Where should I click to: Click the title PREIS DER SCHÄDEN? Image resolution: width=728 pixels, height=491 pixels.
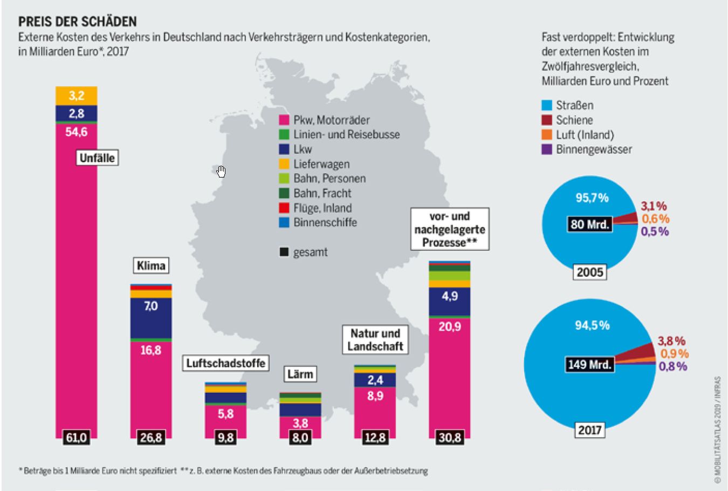click(78, 22)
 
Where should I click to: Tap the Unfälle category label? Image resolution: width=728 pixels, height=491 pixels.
click(97, 158)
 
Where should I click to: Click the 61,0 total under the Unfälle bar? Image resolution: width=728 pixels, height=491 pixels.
click(76, 438)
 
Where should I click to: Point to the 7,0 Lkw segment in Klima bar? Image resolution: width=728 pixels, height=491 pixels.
click(151, 306)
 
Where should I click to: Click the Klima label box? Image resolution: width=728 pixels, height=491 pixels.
click(151, 265)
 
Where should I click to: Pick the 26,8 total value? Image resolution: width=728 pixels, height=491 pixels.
click(151, 438)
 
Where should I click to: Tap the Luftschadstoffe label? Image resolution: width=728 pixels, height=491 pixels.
click(225, 363)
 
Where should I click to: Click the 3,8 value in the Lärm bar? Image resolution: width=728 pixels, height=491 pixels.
click(300, 422)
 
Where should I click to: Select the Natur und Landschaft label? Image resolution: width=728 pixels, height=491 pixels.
click(375, 340)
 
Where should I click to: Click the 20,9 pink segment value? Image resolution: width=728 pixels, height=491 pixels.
click(449, 326)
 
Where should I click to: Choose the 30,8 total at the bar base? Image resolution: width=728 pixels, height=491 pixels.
click(449, 438)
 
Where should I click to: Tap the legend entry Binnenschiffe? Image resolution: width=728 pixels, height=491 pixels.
click(325, 222)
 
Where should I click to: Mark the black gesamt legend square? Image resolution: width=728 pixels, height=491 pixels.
click(284, 252)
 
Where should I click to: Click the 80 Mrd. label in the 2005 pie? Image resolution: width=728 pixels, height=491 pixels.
click(590, 224)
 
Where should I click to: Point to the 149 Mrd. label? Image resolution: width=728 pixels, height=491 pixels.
click(590, 364)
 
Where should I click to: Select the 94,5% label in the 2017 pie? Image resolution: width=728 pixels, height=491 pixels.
click(592, 325)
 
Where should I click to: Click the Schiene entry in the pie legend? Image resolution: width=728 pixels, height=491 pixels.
click(574, 120)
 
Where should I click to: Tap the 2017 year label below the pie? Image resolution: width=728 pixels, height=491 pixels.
click(590, 430)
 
